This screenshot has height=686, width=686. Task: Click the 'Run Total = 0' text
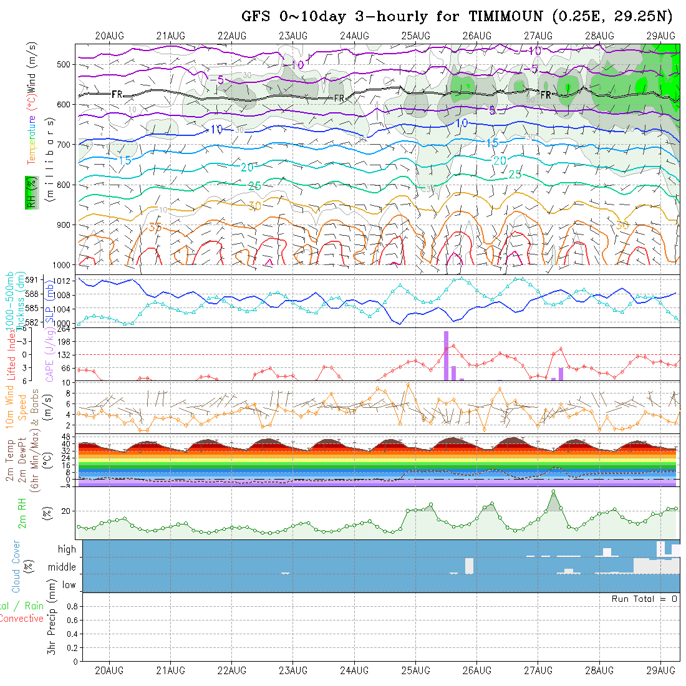pyautogui.click(x=644, y=599)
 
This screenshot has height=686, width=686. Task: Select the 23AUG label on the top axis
pyautogui.click(x=293, y=36)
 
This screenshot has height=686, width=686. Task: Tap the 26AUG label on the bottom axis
pyautogui.click(x=477, y=670)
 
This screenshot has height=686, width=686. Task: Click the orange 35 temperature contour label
pyautogui.click(x=155, y=227)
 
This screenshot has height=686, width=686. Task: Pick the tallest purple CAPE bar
pyautogui.click(x=446, y=355)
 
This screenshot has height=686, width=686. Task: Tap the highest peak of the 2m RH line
pyautogui.click(x=553, y=492)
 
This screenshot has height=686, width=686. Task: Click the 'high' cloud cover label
pyautogui.click(x=67, y=549)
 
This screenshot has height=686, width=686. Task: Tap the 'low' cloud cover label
pyautogui.click(x=69, y=585)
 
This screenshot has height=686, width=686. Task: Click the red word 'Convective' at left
pyautogui.click(x=21, y=619)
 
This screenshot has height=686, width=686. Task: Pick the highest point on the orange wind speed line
pyautogui.click(x=408, y=384)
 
